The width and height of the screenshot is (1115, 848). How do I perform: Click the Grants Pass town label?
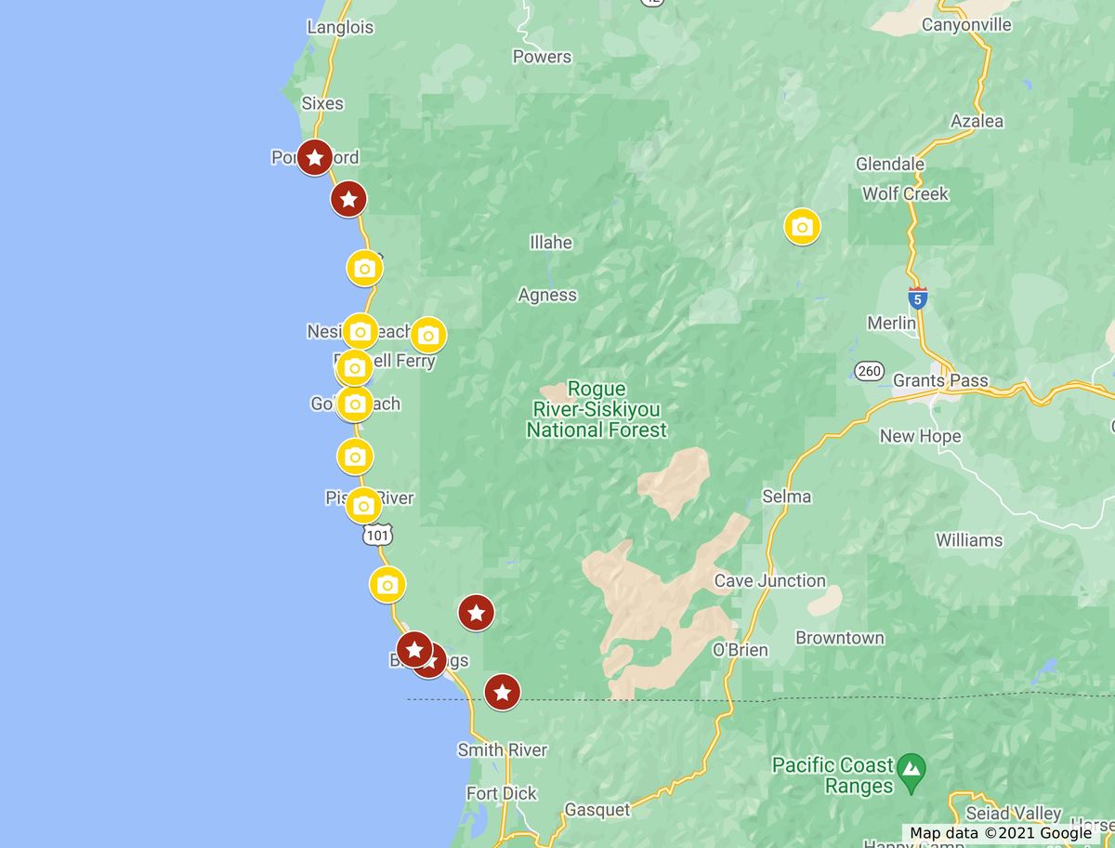pyautogui.click(x=940, y=380)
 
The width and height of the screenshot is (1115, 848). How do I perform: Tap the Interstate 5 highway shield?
pyautogui.click(x=917, y=298)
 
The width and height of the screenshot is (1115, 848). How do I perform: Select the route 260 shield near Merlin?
pyautogui.click(x=868, y=371)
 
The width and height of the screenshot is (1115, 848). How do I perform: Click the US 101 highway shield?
pyautogui.click(x=377, y=535)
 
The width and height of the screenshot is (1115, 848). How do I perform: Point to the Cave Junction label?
pyautogui.click(x=769, y=581)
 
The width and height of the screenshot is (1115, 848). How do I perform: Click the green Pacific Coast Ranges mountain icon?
pyautogui.click(x=913, y=767)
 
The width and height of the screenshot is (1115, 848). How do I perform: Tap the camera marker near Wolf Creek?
pyautogui.click(x=802, y=226)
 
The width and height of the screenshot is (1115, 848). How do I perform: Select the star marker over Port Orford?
pyautogui.click(x=315, y=158)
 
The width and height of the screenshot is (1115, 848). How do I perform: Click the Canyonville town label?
pyautogui.click(x=966, y=25)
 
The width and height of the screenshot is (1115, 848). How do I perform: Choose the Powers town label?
pyautogui.click(x=542, y=57)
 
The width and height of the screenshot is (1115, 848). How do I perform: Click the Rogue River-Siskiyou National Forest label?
pyautogui.click(x=597, y=410)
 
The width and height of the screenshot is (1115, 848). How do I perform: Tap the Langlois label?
pyautogui.click(x=340, y=27)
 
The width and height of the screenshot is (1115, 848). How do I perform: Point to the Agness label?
pyautogui.click(x=547, y=296)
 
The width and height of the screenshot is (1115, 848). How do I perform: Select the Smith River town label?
pyautogui.click(x=502, y=749)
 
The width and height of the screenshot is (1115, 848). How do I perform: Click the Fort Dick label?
pyautogui.click(x=502, y=793)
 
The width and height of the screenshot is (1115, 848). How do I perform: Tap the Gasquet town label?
pyautogui.click(x=597, y=811)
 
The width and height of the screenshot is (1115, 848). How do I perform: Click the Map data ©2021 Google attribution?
pyautogui.click(x=1001, y=833)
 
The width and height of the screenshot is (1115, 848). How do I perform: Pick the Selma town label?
pyautogui.click(x=786, y=497)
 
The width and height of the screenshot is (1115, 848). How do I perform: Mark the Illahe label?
pyautogui.click(x=551, y=243)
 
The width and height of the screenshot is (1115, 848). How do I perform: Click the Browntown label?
pyautogui.click(x=840, y=638)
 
